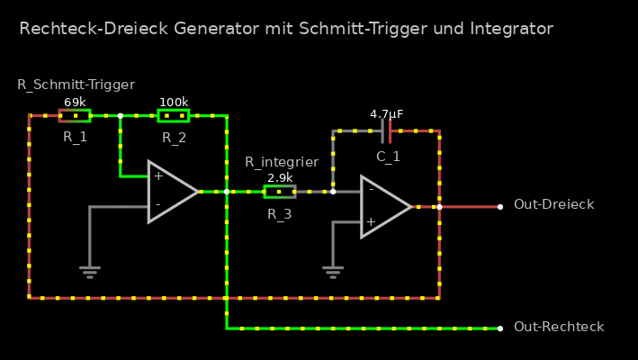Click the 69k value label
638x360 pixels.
(75, 103)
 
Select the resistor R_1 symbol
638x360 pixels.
(75, 115)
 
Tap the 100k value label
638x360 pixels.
(174, 103)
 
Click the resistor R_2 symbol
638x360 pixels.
(174, 115)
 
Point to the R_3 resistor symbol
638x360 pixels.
(279, 191)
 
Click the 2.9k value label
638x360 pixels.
(279, 178)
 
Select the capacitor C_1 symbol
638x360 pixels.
(387, 131)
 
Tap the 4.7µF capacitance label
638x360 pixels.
(387, 114)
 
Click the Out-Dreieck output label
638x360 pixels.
(553, 205)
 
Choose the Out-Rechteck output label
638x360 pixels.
(558, 327)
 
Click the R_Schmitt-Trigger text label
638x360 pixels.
(76, 85)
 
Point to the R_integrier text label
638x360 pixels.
(282, 162)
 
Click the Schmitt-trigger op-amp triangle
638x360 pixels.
(172, 191)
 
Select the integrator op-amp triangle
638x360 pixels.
(384, 206)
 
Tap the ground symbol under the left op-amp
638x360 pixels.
(90, 271)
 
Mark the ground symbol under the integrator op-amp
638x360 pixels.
(333, 271)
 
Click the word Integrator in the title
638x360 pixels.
(511, 29)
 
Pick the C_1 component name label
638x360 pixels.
(388, 157)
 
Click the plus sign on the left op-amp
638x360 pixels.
(158, 176)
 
